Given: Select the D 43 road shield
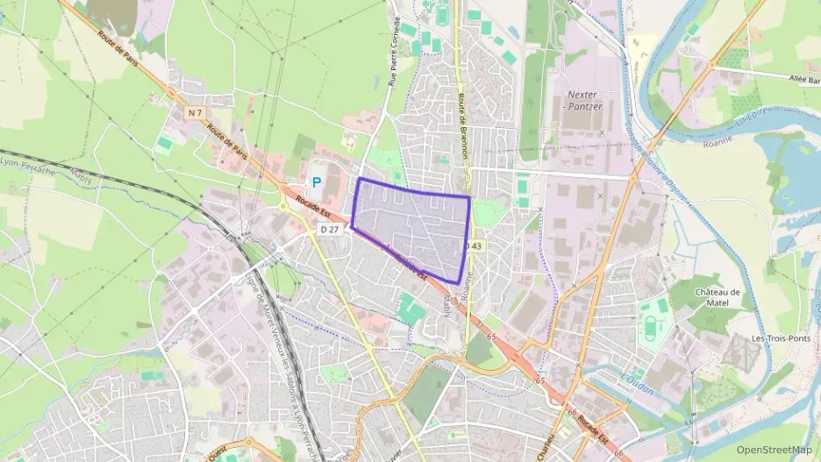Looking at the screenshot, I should [x=474, y=245].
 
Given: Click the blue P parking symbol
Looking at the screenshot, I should [x=317, y=182].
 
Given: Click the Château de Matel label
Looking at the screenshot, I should [x=717, y=297].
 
